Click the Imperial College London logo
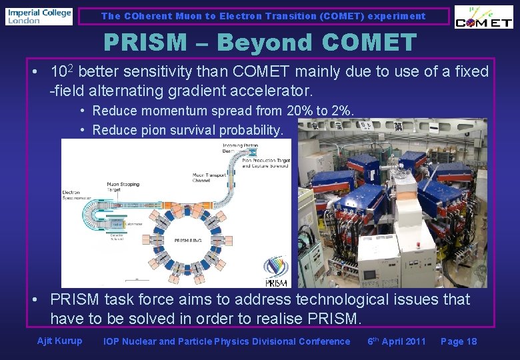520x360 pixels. [39, 16]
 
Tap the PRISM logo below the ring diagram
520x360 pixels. [275, 273]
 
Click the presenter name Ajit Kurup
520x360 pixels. [60, 341]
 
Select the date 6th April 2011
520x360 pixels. [397, 341]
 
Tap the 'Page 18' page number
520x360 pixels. [459, 341]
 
